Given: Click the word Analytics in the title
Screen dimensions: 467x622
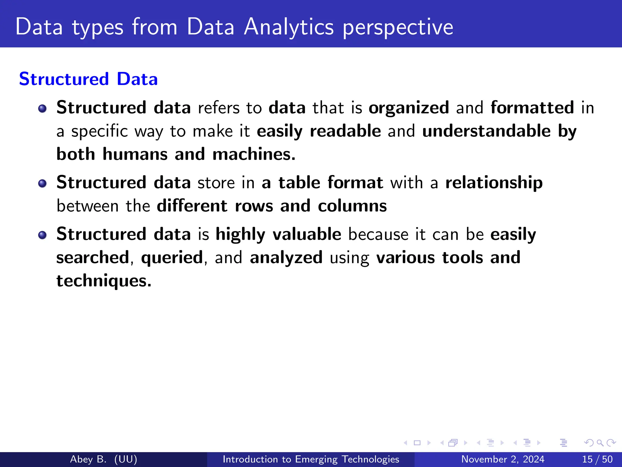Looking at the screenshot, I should point(289,27).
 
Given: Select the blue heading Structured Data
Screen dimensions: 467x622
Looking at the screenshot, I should point(88,79).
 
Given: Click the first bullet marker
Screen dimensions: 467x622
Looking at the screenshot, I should point(43,109).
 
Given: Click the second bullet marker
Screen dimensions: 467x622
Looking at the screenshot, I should point(43,183).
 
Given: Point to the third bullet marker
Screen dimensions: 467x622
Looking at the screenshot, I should point(43,235).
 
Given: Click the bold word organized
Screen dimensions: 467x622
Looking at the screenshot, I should point(408,108).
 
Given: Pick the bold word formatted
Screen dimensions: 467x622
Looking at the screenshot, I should point(532,108).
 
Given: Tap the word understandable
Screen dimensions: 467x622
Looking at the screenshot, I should point(486,131).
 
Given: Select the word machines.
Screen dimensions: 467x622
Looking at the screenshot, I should point(254,154).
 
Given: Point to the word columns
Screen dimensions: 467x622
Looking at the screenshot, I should point(352,206).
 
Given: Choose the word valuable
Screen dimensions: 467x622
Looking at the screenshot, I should point(307,234).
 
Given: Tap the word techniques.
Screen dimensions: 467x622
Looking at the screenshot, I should point(104,281).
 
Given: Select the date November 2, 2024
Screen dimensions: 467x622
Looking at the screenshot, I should point(503,459).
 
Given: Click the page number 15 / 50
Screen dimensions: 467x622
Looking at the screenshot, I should point(597,459).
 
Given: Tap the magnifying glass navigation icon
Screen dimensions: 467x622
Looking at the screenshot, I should point(600,443).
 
